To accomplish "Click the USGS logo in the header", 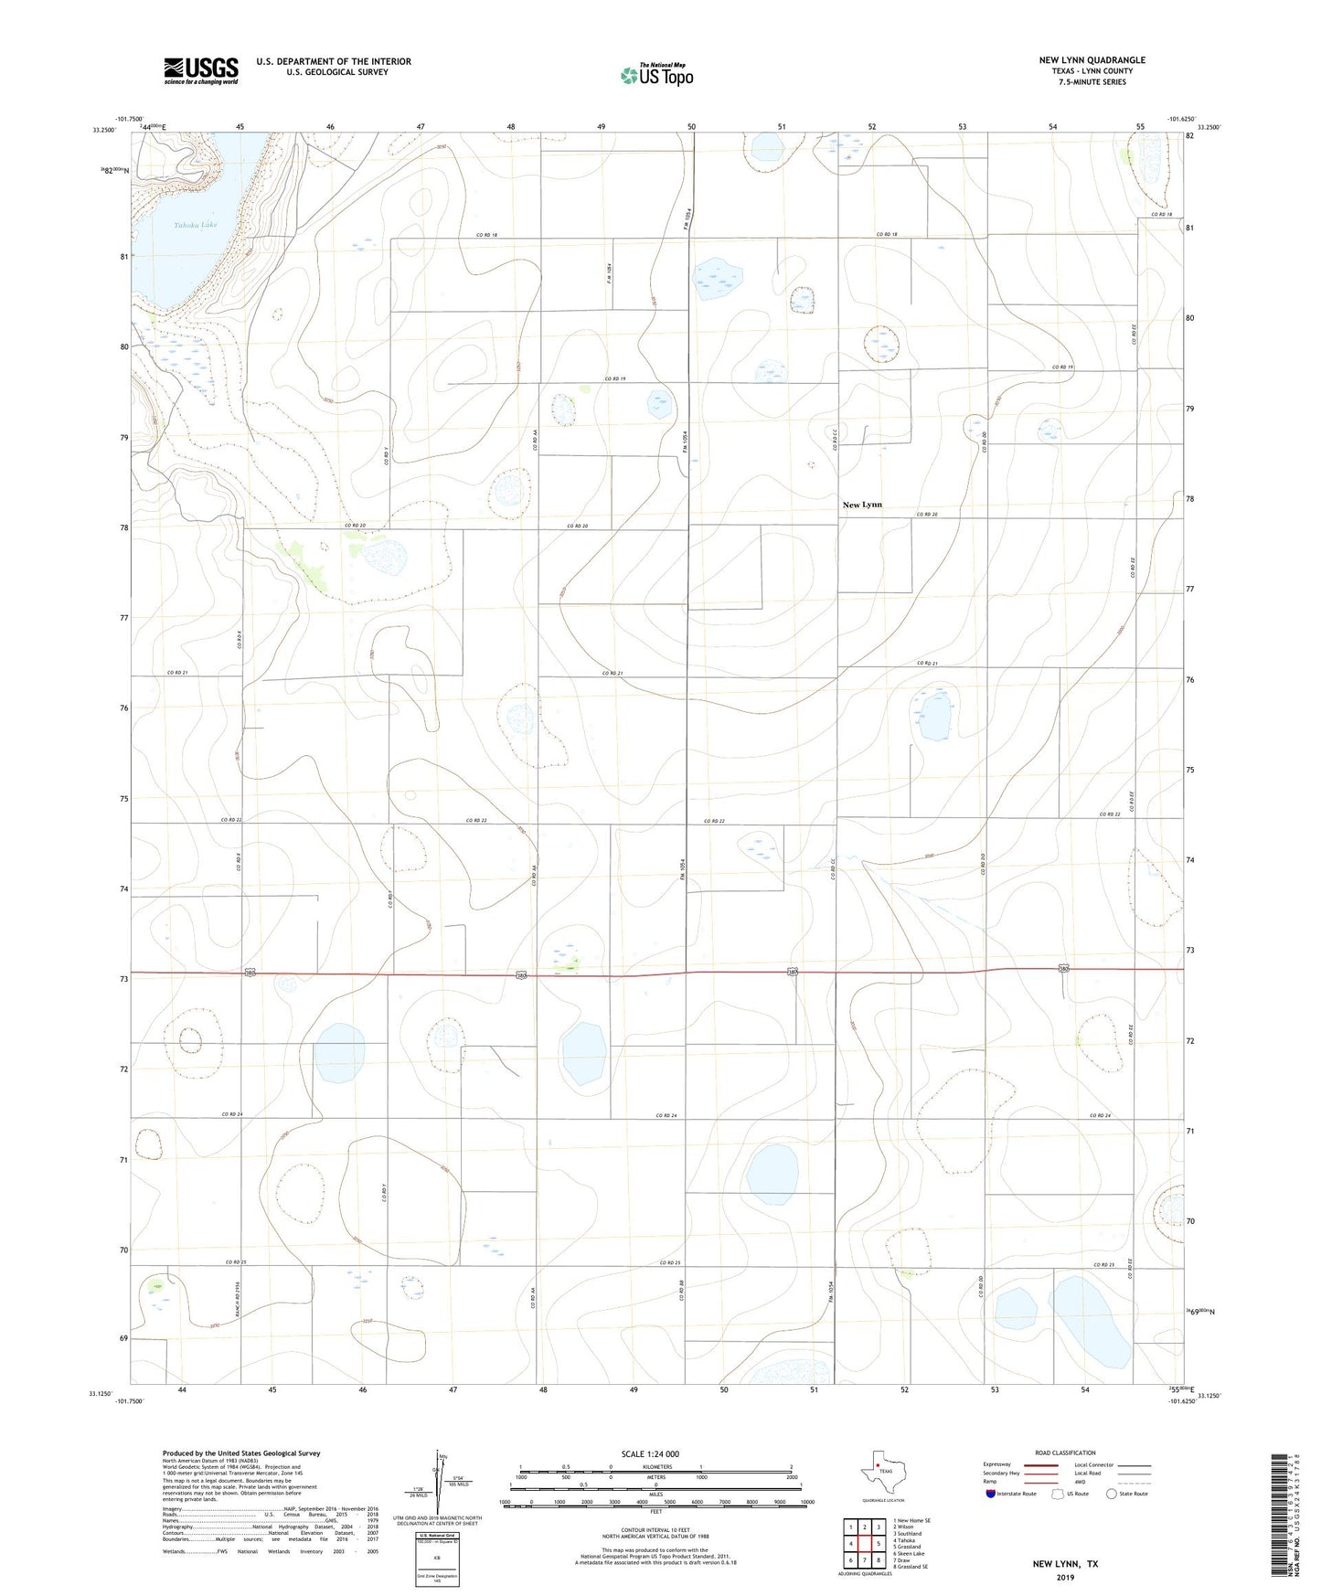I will pyautogui.click(x=201, y=70).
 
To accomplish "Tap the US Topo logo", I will pyautogui.click(x=656, y=74).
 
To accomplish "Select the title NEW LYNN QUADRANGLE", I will pyautogui.click(x=1092, y=60).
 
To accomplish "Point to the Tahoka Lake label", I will pyautogui.click(x=195, y=225).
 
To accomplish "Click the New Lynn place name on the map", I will pyautogui.click(x=862, y=505).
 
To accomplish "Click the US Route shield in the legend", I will pyautogui.click(x=1058, y=1494).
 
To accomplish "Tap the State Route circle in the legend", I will pyautogui.click(x=1112, y=1494).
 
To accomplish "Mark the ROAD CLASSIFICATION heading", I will pyautogui.click(x=1065, y=1452).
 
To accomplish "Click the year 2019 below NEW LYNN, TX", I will pyautogui.click(x=1065, y=1578).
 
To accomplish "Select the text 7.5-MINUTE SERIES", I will pyautogui.click(x=1092, y=82).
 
